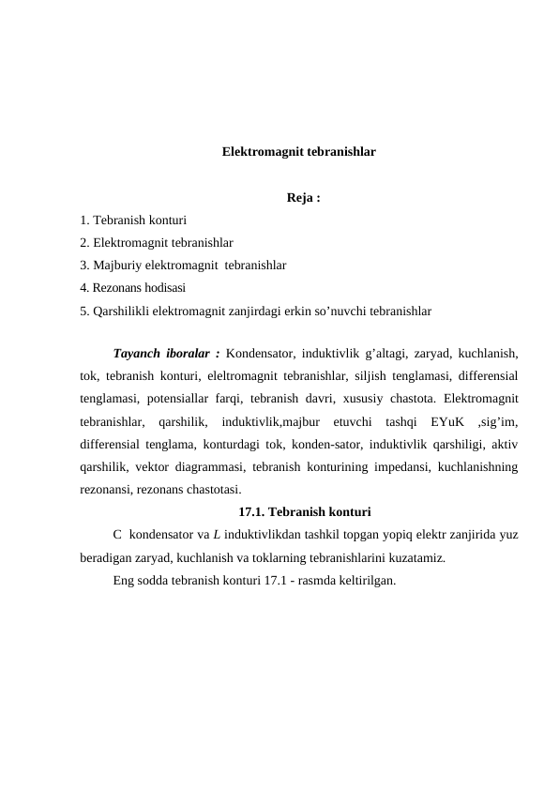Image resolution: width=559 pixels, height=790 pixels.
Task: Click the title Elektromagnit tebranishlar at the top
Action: (x=298, y=150)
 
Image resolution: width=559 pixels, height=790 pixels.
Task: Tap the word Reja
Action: (x=300, y=199)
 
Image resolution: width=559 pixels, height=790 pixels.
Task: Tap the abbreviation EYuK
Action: (x=438, y=421)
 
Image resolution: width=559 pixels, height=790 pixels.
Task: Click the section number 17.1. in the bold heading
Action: (x=256, y=511)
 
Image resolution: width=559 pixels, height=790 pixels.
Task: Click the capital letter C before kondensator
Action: (x=116, y=535)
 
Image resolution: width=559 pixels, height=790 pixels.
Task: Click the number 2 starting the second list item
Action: (x=84, y=243)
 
